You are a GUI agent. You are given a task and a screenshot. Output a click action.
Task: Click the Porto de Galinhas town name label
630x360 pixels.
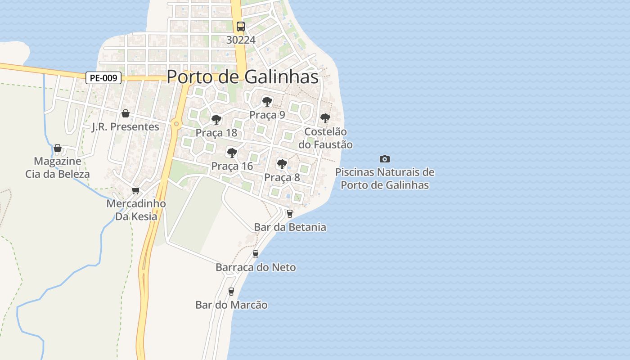pos(243,77)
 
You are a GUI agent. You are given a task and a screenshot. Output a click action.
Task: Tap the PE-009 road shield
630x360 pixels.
pos(103,78)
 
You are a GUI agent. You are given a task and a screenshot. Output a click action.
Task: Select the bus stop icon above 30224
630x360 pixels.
pos(241,26)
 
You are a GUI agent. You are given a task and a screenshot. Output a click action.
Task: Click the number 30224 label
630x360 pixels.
pos(241,40)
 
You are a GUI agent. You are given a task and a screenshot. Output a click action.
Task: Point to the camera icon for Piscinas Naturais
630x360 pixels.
pos(385,159)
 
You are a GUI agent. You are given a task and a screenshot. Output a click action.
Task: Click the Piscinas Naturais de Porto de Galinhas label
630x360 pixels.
pos(385,179)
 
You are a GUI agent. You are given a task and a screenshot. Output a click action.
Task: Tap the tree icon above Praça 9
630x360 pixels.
pos(267,101)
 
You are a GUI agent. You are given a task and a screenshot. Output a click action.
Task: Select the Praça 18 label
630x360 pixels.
pos(216,133)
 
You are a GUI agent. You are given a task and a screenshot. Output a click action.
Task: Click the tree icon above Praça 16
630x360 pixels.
pos(232,153)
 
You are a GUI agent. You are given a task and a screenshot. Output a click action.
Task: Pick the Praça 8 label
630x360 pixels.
pos(282,178)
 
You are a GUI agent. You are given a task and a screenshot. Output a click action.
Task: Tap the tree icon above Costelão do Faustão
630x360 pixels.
pos(325,118)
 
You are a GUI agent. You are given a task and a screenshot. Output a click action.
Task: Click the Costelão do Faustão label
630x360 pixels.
pos(325,138)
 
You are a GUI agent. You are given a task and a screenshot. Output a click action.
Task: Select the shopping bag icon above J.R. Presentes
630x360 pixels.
pos(126,113)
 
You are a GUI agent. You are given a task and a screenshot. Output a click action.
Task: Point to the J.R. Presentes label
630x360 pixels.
pos(126,127)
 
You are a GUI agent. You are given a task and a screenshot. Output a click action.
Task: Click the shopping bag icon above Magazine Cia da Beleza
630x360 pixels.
pos(58,148)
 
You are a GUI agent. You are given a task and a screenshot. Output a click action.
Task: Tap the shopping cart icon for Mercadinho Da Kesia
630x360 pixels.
pos(136,191)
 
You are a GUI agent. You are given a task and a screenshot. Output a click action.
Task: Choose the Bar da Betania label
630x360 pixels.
pos(290,227)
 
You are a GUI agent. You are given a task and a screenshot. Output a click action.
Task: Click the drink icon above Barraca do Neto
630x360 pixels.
pos(256,254)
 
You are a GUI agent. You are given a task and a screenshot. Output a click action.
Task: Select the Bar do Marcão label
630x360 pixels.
pos(231,305)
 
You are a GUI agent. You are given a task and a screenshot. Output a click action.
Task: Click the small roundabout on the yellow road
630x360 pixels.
pos(176,124)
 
